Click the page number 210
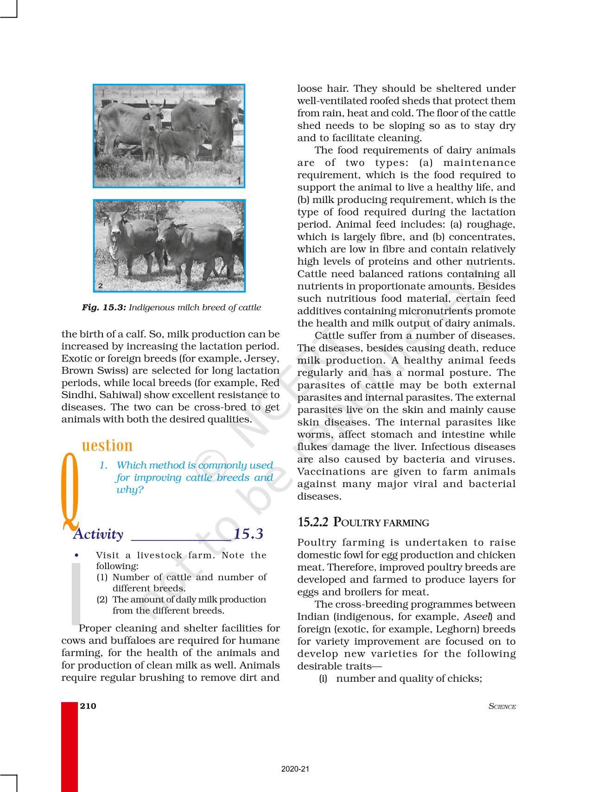[x=88, y=706]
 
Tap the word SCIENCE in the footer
[x=502, y=707]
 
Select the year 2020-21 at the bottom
[x=295, y=769]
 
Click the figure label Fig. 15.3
[x=103, y=307]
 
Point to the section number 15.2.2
[x=313, y=522]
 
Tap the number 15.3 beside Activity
[x=248, y=534]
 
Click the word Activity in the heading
[x=98, y=534]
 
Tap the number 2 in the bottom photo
[x=100, y=286]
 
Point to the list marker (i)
[x=323, y=678]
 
